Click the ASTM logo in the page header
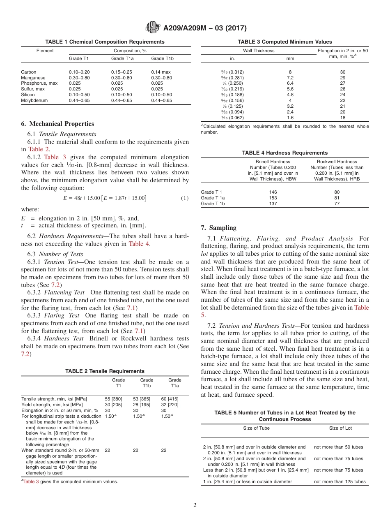point(153,28)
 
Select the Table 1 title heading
point(105,42)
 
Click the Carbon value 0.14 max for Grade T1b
point(161,72)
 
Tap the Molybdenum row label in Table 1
point(34,101)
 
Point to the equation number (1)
point(185,198)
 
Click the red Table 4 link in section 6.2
point(139,244)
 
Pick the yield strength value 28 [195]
point(141,405)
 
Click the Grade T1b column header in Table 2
point(147,383)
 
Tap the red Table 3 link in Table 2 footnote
point(31,481)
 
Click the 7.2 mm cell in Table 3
point(290,78)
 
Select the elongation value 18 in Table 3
point(342,118)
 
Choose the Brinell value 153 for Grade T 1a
point(273,198)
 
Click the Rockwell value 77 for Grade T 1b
point(337,204)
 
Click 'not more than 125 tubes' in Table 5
point(340,481)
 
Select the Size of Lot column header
point(340,428)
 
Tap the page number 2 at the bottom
point(195,505)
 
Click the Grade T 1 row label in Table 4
point(212,192)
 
